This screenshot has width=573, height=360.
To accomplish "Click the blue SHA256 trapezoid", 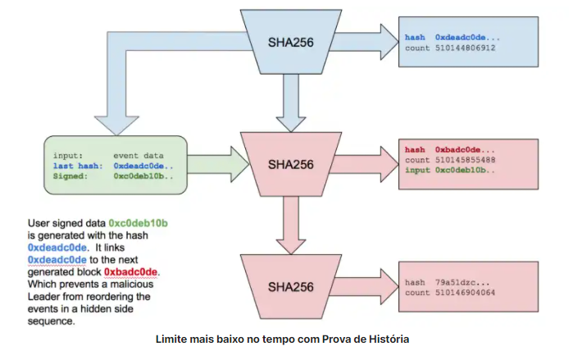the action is pyautogui.click(x=291, y=42).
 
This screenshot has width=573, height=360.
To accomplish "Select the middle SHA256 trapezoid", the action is pyautogui.click(x=291, y=165).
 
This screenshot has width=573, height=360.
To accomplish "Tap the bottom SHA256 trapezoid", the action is pyautogui.click(x=291, y=287).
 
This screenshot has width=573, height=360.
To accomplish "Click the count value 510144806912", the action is pyautogui.click(x=465, y=48).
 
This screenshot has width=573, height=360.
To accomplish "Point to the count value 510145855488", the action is pyautogui.click(x=465, y=160).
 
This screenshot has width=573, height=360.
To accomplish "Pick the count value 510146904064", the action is pyautogui.click(x=465, y=293).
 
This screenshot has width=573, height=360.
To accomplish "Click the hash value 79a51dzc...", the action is pyautogui.click(x=462, y=283).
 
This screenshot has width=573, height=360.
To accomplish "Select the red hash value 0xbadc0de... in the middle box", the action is pyautogui.click(x=465, y=150).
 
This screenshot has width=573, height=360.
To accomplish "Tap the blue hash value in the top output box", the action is pyautogui.click(x=467, y=38).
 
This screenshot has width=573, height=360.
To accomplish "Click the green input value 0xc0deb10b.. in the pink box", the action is pyautogui.click(x=465, y=171).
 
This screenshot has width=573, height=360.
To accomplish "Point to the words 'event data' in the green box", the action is pyautogui.click(x=139, y=156).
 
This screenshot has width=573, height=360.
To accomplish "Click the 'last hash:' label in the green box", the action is pyautogui.click(x=78, y=166).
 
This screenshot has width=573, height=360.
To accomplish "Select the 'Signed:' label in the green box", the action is pyautogui.click(x=70, y=176).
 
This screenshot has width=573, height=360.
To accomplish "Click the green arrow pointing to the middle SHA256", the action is pyautogui.click(x=218, y=165).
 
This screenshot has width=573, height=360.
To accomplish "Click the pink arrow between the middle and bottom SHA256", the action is pyautogui.click(x=291, y=226).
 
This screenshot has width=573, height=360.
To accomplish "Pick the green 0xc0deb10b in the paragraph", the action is pyautogui.click(x=139, y=223).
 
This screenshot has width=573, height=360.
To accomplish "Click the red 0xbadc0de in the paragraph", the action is pyautogui.click(x=131, y=272).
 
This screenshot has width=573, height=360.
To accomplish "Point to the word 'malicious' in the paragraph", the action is pyautogui.click(x=132, y=285).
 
